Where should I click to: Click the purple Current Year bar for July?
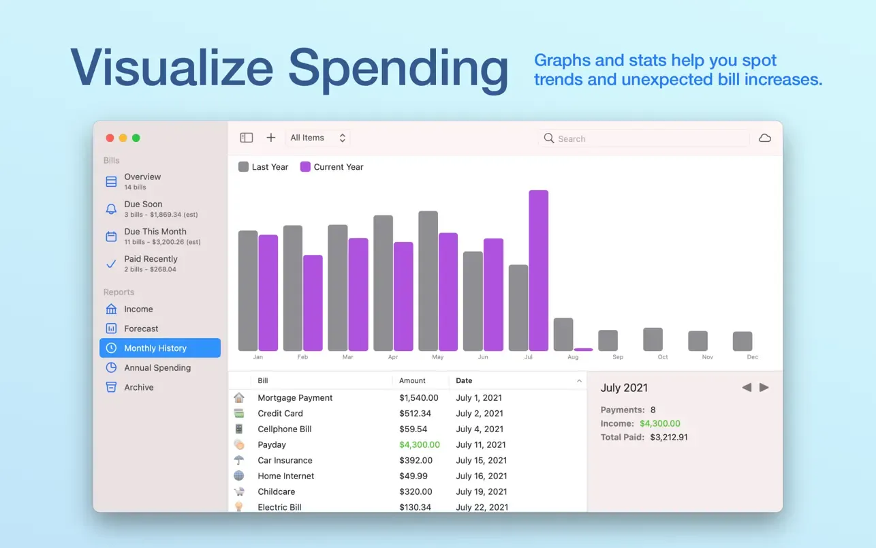click(x=538, y=271)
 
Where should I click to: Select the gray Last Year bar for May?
click(x=428, y=281)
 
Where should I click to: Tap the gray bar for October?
click(x=653, y=339)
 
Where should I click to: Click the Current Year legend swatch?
click(x=305, y=167)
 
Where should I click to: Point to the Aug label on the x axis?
click(x=573, y=357)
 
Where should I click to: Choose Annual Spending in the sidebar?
click(x=157, y=368)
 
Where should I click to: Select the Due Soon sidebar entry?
click(x=142, y=204)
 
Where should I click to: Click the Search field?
click(x=644, y=138)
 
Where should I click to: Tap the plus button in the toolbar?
click(x=271, y=138)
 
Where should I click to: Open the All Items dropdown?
click(x=318, y=138)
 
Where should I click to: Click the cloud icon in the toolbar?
click(x=765, y=138)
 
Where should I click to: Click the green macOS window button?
click(x=136, y=138)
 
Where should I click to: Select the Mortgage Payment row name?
click(x=295, y=398)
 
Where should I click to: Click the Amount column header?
click(x=412, y=381)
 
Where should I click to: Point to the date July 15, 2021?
click(x=481, y=461)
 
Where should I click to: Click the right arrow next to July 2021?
click(x=764, y=388)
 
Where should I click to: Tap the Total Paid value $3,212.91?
click(x=669, y=438)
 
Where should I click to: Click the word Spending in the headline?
click(x=398, y=68)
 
